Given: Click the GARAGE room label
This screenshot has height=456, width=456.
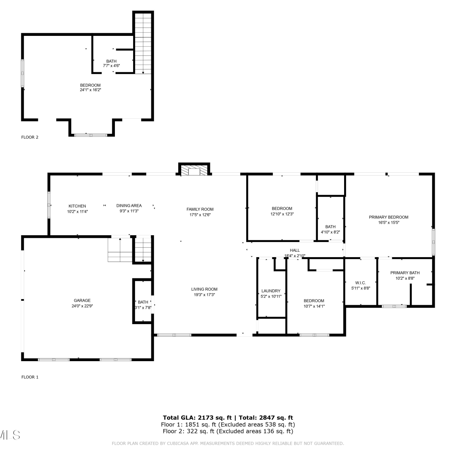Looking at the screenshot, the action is click(x=82, y=300).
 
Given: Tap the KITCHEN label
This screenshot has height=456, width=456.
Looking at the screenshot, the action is click(x=77, y=206).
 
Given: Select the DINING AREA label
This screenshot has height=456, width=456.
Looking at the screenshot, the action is click(x=129, y=206).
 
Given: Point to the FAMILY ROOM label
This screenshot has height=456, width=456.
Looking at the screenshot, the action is click(x=200, y=209).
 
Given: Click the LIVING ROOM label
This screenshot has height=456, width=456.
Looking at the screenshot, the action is click(x=204, y=289).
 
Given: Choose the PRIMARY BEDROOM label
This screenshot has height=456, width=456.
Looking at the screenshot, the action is click(x=389, y=217).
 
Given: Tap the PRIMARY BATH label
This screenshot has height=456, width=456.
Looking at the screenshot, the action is click(x=405, y=273).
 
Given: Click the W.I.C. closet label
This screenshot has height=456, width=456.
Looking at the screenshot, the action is click(x=361, y=283).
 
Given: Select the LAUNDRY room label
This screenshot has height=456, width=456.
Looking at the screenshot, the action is click(x=271, y=291).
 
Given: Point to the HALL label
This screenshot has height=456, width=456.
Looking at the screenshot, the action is click(x=295, y=250).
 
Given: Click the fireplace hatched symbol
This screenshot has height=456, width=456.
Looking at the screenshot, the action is click(x=194, y=171).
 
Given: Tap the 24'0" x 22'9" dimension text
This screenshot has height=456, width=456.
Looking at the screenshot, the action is click(x=82, y=306).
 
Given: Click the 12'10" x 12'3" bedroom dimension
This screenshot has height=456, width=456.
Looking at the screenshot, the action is click(x=282, y=214).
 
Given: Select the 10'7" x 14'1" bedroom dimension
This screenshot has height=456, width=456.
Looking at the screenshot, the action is click(x=314, y=306).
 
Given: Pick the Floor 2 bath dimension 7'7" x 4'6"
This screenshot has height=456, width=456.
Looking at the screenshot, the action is click(x=111, y=66).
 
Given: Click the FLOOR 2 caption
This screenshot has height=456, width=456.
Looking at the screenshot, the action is click(x=30, y=137).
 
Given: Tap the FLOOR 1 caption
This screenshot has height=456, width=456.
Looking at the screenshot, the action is click(x=30, y=377).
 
